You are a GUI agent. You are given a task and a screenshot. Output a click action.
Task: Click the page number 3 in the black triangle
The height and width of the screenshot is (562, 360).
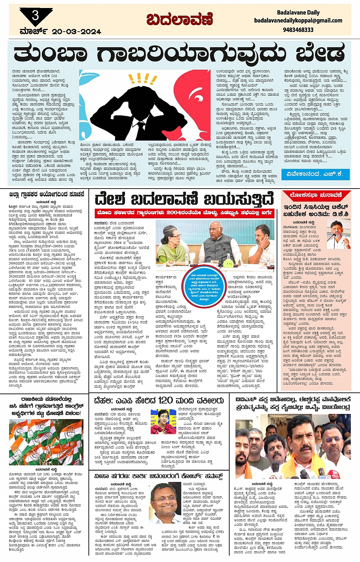(35, 16)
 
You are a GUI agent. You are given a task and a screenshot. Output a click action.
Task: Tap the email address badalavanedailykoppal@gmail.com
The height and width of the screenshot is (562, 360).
(298, 21)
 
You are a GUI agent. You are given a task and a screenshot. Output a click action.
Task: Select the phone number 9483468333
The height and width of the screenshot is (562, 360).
(298, 30)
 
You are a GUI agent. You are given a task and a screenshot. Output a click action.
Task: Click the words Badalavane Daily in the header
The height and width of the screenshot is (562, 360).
(298, 12)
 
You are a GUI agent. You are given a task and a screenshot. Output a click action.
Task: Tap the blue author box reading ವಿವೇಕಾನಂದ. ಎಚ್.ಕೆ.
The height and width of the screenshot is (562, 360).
(315, 174)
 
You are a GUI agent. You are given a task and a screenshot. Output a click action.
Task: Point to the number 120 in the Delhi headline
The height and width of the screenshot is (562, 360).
(165, 400)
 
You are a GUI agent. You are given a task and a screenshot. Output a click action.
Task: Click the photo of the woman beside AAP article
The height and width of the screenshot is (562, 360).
(163, 421)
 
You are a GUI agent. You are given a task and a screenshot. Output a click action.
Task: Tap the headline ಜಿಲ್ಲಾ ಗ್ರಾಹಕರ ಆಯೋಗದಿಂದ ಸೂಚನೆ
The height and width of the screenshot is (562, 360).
(46, 194)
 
